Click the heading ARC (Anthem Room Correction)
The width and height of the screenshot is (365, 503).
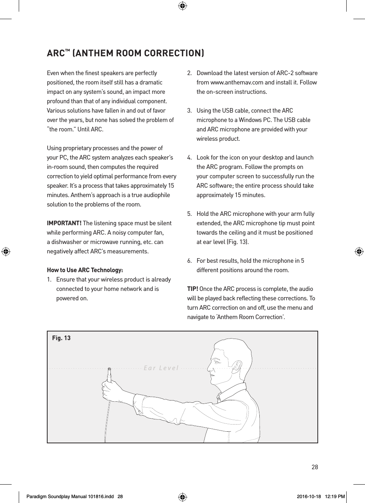[126, 53]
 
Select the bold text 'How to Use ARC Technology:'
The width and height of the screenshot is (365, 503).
[85, 270]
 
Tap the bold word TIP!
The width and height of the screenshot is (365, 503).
[193, 289]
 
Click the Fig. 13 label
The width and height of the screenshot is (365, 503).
[61, 338]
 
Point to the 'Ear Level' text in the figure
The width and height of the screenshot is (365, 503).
[161, 368]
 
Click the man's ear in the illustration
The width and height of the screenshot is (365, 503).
[237, 365]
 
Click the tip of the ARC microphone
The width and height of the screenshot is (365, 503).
[109, 369]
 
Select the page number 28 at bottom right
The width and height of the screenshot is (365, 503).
[315, 467]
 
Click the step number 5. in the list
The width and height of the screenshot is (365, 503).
[190, 214]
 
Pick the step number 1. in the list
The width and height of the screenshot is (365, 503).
[49, 280]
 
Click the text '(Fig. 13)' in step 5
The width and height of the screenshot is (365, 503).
[237, 242]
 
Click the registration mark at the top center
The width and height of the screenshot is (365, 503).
[182, 6]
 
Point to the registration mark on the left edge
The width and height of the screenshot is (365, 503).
[6, 251]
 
